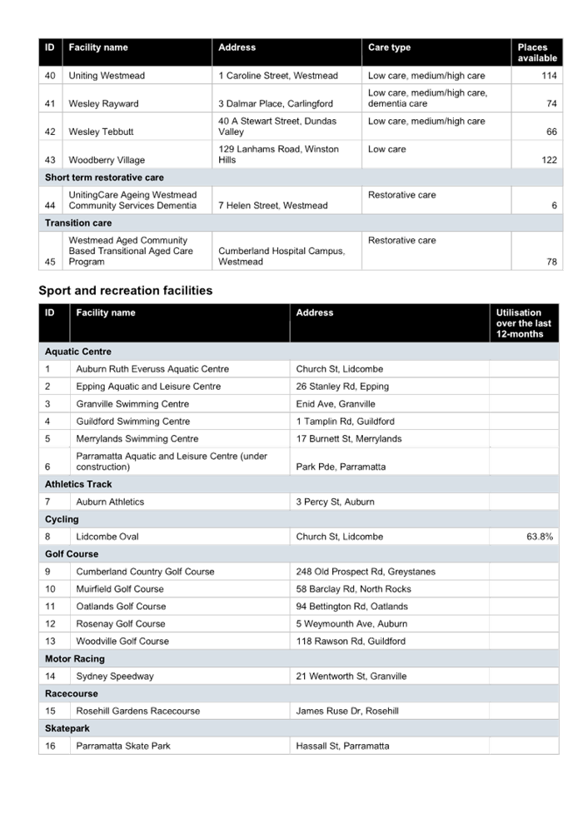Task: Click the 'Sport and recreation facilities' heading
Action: (x=126, y=291)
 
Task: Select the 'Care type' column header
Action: (x=389, y=47)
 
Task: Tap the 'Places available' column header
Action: (x=536, y=52)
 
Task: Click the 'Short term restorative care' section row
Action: (x=104, y=177)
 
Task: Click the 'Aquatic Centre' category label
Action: (x=78, y=352)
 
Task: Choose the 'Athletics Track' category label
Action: (x=78, y=484)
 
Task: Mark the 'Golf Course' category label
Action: (x=72, y=554)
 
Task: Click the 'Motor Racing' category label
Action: (x=75, y=658)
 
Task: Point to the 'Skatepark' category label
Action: (x=67, y=728)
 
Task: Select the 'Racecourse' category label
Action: (x=72, y=693)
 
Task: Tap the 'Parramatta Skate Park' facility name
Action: (x=123, y=747)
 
